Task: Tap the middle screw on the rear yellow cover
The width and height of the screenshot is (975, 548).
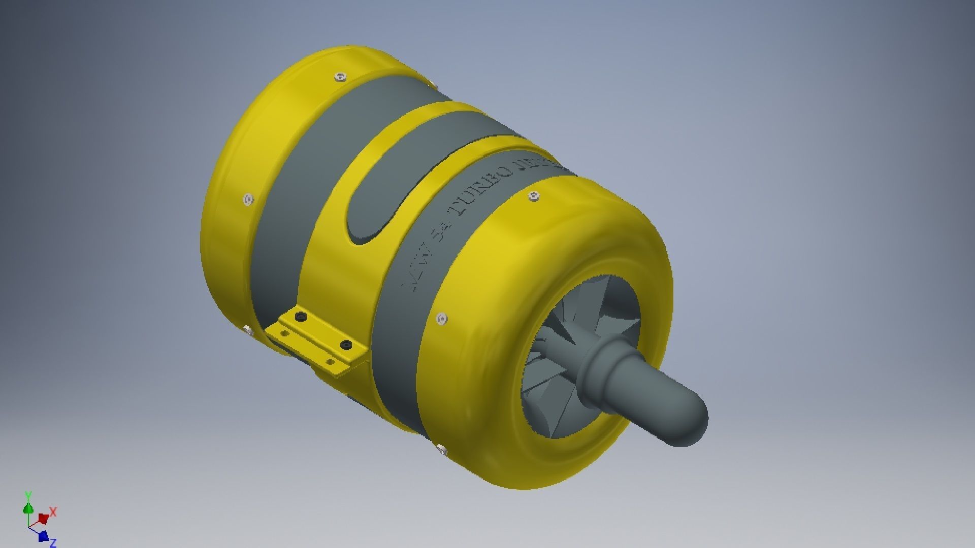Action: tap(248, 200)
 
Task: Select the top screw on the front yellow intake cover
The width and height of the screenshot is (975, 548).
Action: tap(533, 196)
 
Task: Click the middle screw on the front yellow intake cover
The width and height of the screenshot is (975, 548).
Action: tap(442, 319)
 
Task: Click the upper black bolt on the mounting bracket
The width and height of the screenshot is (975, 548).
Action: tap(301, 317)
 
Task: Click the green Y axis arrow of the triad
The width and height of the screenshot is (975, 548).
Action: tap(28, 508)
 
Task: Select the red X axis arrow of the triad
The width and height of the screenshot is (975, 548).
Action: tap(44, 518)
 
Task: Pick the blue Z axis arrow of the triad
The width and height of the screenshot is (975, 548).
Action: tap(44, 536)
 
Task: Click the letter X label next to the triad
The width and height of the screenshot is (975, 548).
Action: tap(53, 511)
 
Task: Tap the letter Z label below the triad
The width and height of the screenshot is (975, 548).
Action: tap(53, 543)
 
